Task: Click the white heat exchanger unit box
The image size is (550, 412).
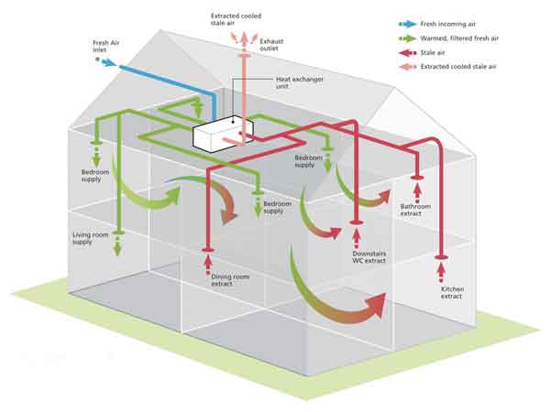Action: [223, 134]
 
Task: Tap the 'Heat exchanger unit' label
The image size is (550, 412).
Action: [300, 82]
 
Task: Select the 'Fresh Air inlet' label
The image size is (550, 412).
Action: [106, 47]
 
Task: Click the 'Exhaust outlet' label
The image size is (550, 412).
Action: [271, 45]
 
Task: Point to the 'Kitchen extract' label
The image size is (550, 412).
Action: [452, 293]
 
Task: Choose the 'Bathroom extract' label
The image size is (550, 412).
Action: [415, 210]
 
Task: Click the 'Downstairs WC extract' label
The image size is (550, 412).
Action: [369, 257]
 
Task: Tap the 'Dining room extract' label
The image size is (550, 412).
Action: [230, 280]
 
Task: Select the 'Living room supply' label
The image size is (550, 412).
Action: [91, 238]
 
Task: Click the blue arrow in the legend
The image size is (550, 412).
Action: [407, 24]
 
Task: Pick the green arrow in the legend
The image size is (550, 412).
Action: [407, 38]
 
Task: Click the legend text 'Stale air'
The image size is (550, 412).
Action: [433, 53]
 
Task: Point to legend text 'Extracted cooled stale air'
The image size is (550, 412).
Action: [458, 67]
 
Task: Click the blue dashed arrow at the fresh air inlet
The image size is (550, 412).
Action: [105, 61]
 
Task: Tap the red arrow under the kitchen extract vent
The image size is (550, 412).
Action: [441, 272]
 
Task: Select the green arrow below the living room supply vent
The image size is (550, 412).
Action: [117, 246]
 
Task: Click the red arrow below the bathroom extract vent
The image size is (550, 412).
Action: [417, 193]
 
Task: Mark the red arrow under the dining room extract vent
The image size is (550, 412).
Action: [208, 264]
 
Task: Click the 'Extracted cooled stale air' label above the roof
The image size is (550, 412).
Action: [236, 19]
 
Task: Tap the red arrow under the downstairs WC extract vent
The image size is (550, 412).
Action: [357, 237]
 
